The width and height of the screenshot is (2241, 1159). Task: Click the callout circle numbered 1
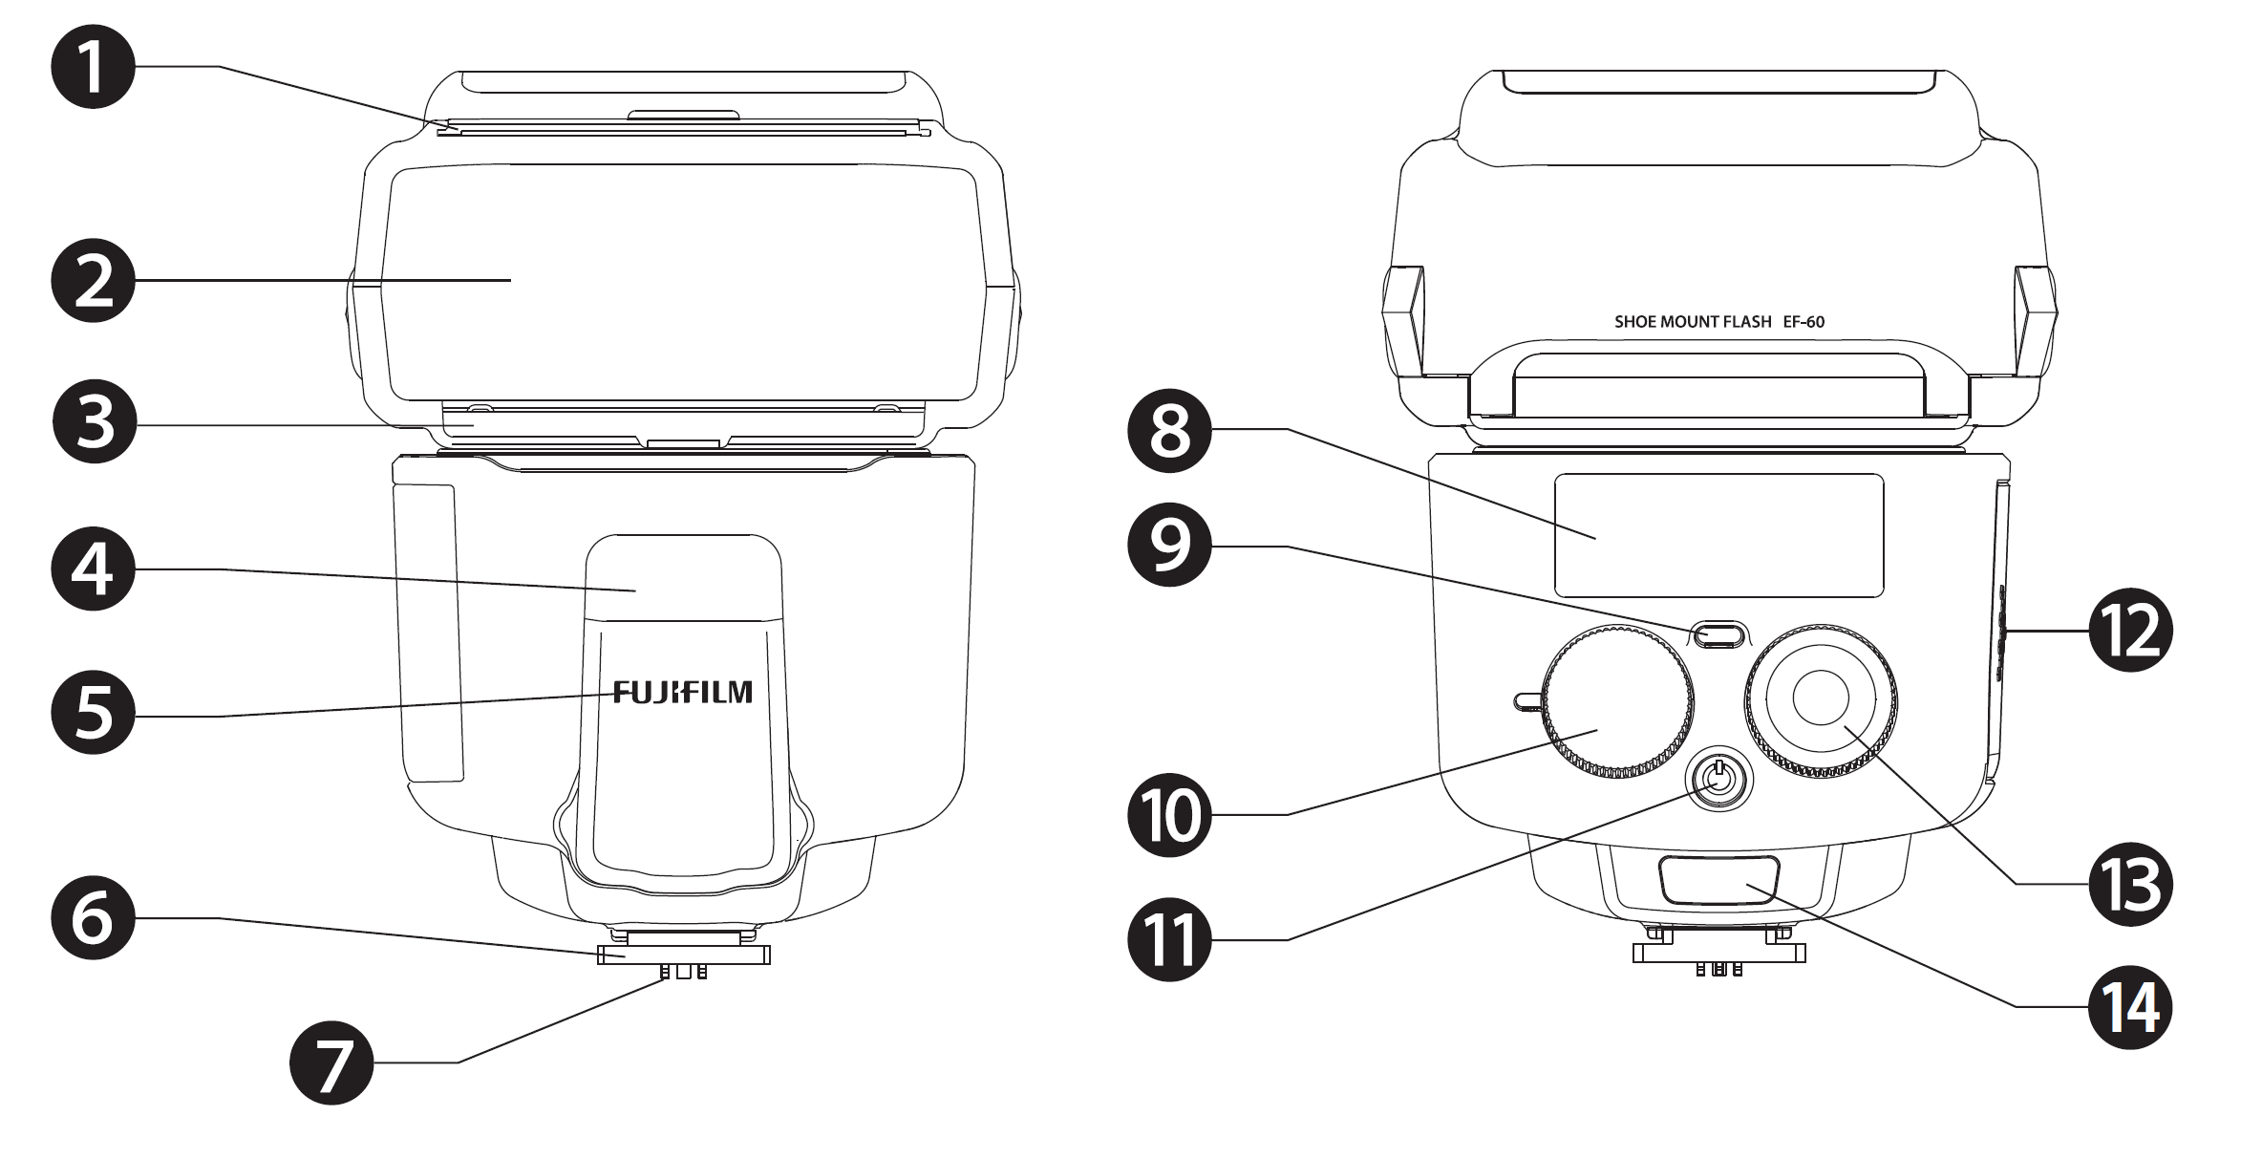pyautogui.click(x=93, y=67)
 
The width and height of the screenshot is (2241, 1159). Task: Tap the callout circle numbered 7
pyautogui.click(x=331, y=1062)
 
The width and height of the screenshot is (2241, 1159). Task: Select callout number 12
pyautogui.click(x=2130, y=631)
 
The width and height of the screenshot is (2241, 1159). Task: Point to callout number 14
pyautogui.click(x=2130, y=1006)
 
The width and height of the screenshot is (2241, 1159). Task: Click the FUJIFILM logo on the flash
pyautogui.click(x=683, y=692)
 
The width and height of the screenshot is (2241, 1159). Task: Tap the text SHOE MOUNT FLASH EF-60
pyautogui.click(x=1718, y=322)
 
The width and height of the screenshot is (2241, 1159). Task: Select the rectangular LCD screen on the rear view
pyautogui.click(x=1718, y=535)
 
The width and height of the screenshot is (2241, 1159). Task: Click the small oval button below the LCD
pyautogui.click(x=1718, y=634)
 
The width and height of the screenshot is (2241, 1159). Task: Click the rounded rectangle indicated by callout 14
pyautogui.click(x=1719, y=880)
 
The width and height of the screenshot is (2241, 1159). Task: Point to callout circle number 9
pyautogui.click(x=1169, y=547)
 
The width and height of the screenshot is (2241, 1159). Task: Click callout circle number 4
pyautogui.click(x=93, y=569)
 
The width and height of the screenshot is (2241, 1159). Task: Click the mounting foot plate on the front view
pyautogui.click(x=683, y=955)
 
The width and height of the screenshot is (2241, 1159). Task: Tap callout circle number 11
pyautogui.click(x=1169, y=940)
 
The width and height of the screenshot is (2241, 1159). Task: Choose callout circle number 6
pyautogui.click(x=93, y=918)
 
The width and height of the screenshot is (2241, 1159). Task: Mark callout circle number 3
pyautogui.click(x=93, y=421)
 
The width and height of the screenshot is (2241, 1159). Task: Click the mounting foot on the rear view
pyautogui.click(x=1718, y=953)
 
